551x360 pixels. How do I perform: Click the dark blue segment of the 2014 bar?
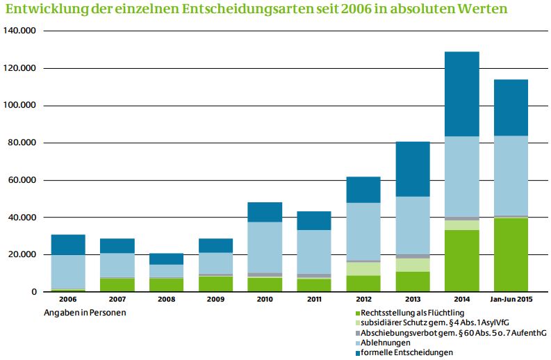(462, 95)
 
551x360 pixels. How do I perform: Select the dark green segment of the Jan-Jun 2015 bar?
(511, 254)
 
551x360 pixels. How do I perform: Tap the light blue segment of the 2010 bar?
(265, 247)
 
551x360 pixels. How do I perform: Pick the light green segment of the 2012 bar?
(363, 269)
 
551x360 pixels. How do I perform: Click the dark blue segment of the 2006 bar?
(68, 245)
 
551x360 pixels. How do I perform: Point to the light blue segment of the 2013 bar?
(413, 225)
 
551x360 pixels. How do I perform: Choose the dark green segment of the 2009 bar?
(216, 284)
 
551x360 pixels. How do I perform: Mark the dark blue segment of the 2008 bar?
(167, 259)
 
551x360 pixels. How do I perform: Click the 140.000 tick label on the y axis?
(20, 31)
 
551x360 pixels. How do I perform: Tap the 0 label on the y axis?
(34, 292)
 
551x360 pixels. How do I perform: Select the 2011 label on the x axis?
(314, 300)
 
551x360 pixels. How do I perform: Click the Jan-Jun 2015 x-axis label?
(511, 300)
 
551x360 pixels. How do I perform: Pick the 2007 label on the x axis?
(117, 300)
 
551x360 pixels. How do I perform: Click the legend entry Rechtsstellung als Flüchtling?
(410, 313)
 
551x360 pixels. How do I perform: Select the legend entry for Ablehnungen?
(383, 343)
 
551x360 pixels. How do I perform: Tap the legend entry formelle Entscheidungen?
(404, 352)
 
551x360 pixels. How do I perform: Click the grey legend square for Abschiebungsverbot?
(358, 334)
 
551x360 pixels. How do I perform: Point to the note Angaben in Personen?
(85, 313)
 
